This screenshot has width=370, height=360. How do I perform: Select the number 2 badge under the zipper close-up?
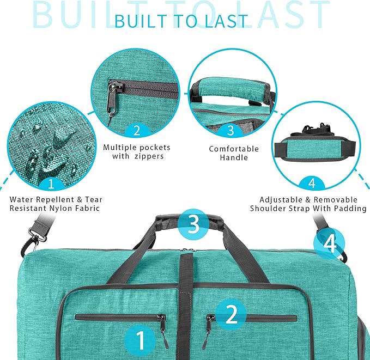click(x=137, y=130)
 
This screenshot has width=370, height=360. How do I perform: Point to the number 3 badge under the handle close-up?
click(x=231, y=130)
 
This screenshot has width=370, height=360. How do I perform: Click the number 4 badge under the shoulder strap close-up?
click(x=312, y=181)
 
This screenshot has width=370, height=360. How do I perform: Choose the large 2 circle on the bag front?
click(x=231, y=315)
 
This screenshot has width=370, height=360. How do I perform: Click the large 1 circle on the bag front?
click(x=140, y=341)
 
